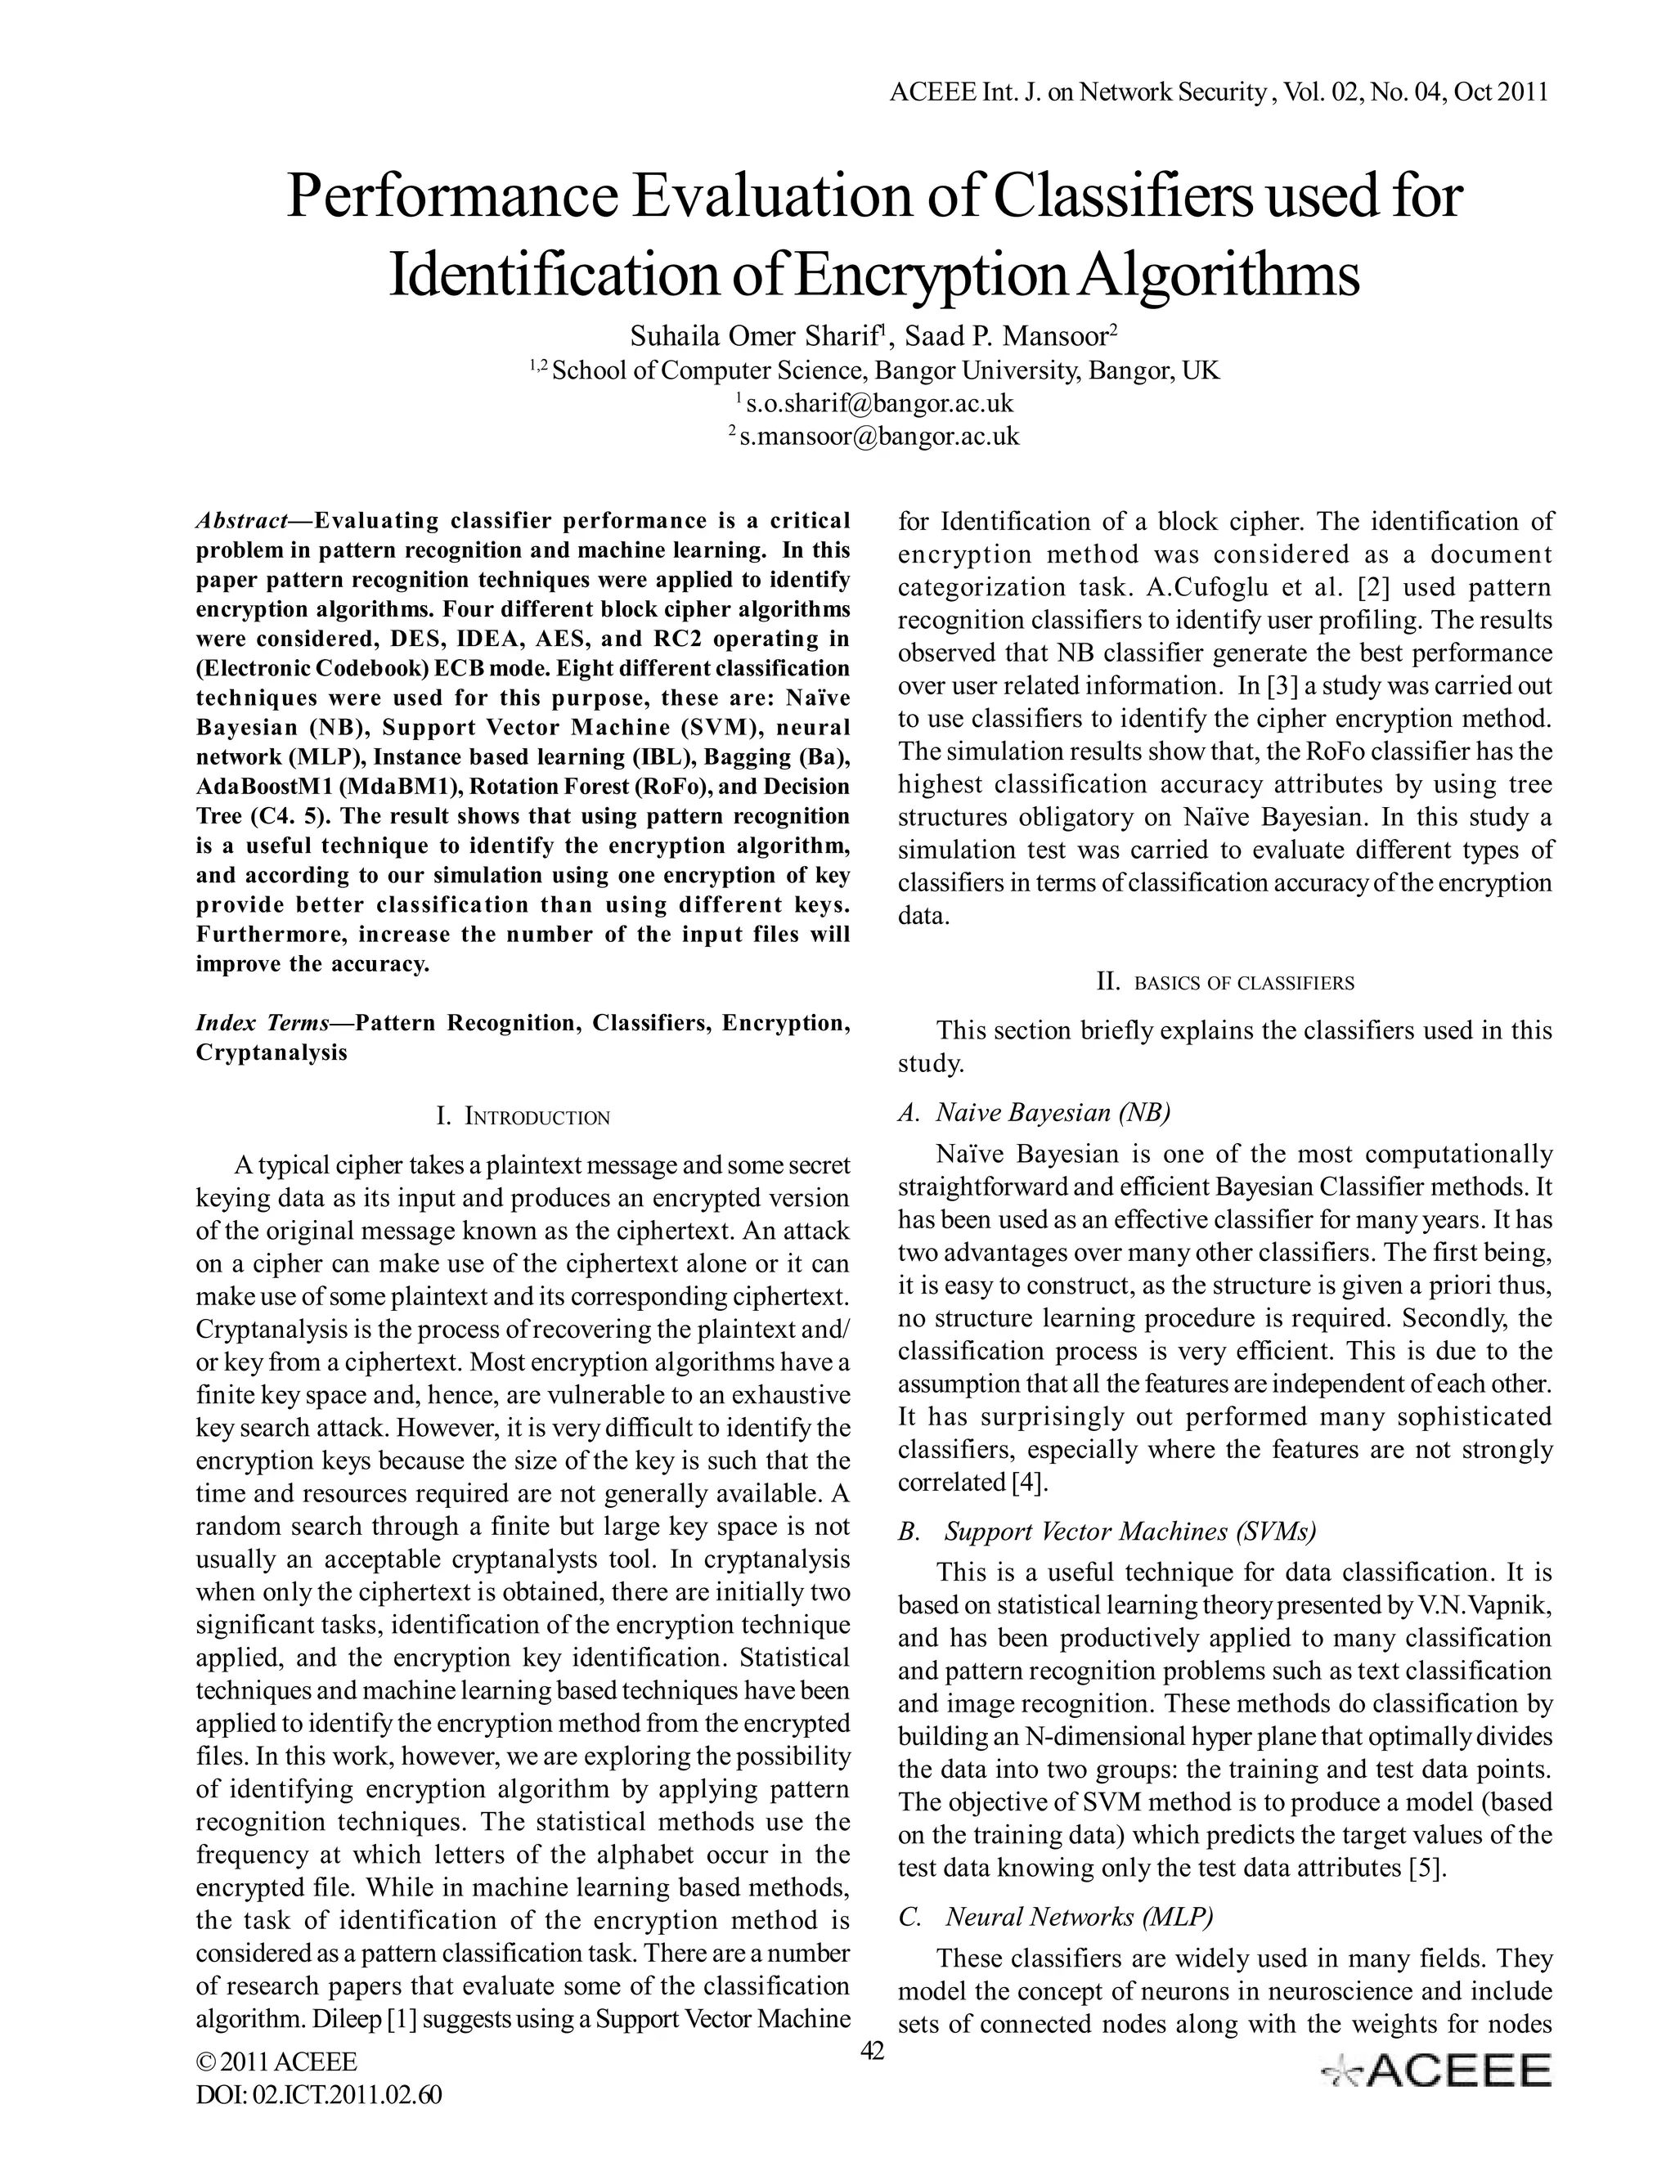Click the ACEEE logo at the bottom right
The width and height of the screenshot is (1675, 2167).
pyautogui.click(x=1436, y=2071)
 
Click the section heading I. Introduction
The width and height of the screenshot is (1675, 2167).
pyautogui.click(x=523, y=1117)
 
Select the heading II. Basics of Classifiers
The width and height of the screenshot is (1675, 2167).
pyautogui.click(x=1224, y=983)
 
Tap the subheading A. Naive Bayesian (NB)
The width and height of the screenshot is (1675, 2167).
pyautogui.click(x=1034, y=1112)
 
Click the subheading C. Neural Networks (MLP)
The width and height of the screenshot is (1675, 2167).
pyautogui.click(x=1056, y=1917)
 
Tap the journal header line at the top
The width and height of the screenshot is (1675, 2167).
pyautogui.click(x=1219, y=92)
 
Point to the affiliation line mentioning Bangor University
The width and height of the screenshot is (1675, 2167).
pyautogui.click(x=874, y=371)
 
